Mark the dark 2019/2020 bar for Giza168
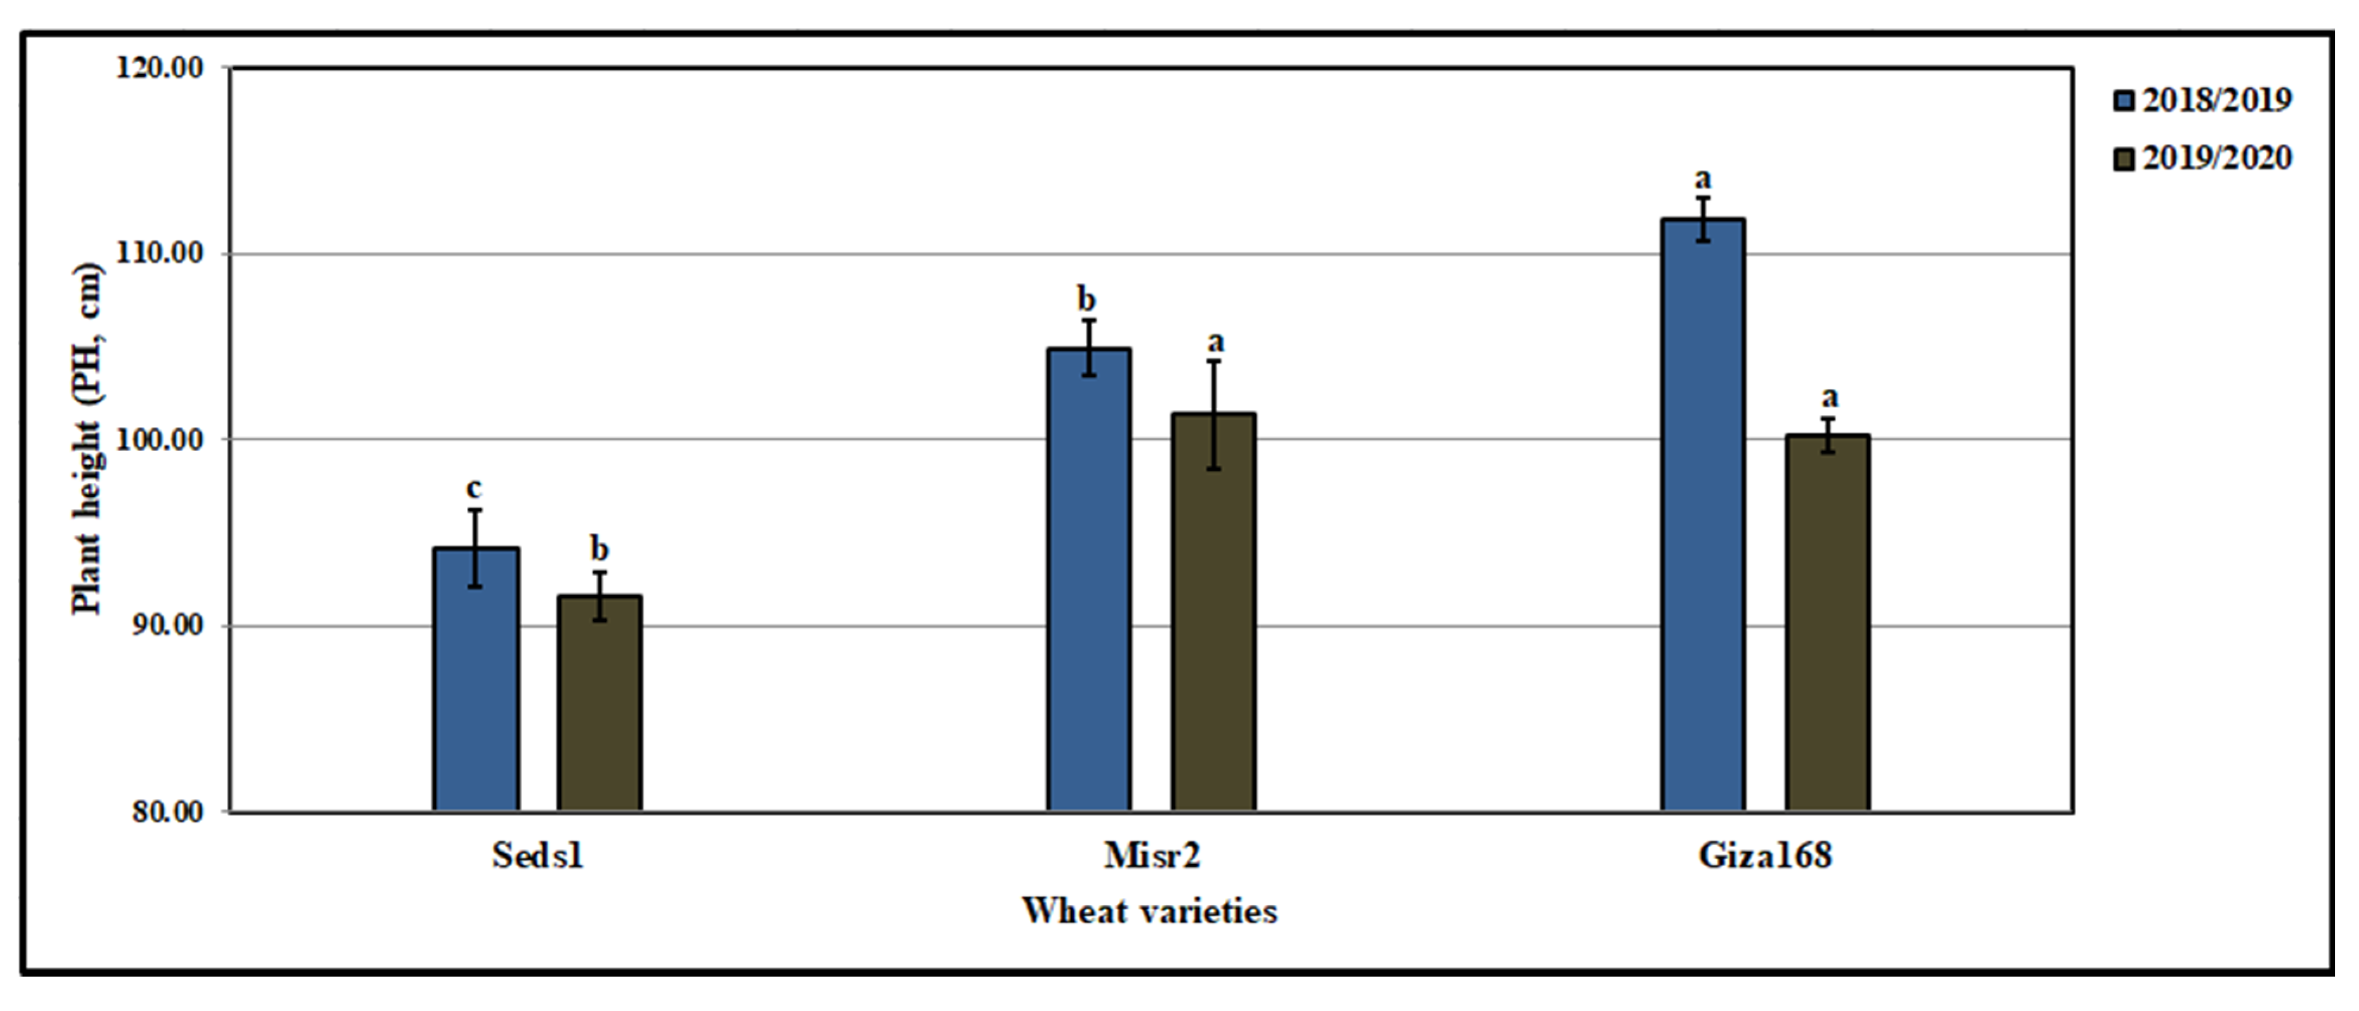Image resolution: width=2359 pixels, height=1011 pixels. click(x=1827, y=623)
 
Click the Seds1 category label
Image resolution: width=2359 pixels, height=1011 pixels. click(x=538, y=855)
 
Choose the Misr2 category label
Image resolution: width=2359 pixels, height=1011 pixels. click(x=1151, y=855)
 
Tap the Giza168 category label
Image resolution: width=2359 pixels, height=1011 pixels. click(x=1765, y=855)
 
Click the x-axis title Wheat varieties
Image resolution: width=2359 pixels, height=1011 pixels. click(x=1150, y=911)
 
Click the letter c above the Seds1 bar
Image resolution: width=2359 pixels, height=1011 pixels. click(x=475, y=488)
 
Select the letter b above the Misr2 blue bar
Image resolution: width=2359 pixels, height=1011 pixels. click(x=1086, y=299)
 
